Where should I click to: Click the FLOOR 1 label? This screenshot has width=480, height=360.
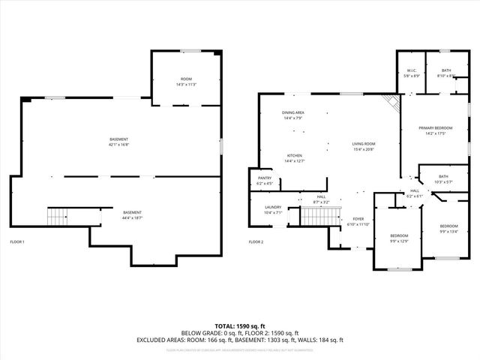click(x=17, y=241)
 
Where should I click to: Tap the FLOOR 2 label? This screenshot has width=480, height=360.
click(x=256, y=241)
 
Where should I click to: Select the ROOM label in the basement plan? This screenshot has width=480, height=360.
click(x=186, y=79)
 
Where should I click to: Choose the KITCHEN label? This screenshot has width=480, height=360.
click(x=293, y=155)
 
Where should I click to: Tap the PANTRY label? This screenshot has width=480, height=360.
click(x=265, y=178)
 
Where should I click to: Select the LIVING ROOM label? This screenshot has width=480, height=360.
click(x=364, y=143)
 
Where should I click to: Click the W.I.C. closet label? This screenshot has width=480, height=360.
click(x=411, y=70)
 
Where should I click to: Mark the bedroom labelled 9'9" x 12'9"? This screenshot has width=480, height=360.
click(x=398, y=241)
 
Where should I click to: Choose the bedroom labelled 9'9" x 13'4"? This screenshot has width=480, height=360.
click(x=448, y=231)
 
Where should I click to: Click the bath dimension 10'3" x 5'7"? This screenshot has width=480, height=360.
click(x=443, y=181)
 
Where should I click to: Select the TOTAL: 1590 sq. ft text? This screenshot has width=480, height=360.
click(x=239, y=325)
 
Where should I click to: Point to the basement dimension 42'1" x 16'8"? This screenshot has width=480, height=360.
click(x=119, y=144)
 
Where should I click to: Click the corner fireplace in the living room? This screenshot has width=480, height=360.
click(x=391, y=102)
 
